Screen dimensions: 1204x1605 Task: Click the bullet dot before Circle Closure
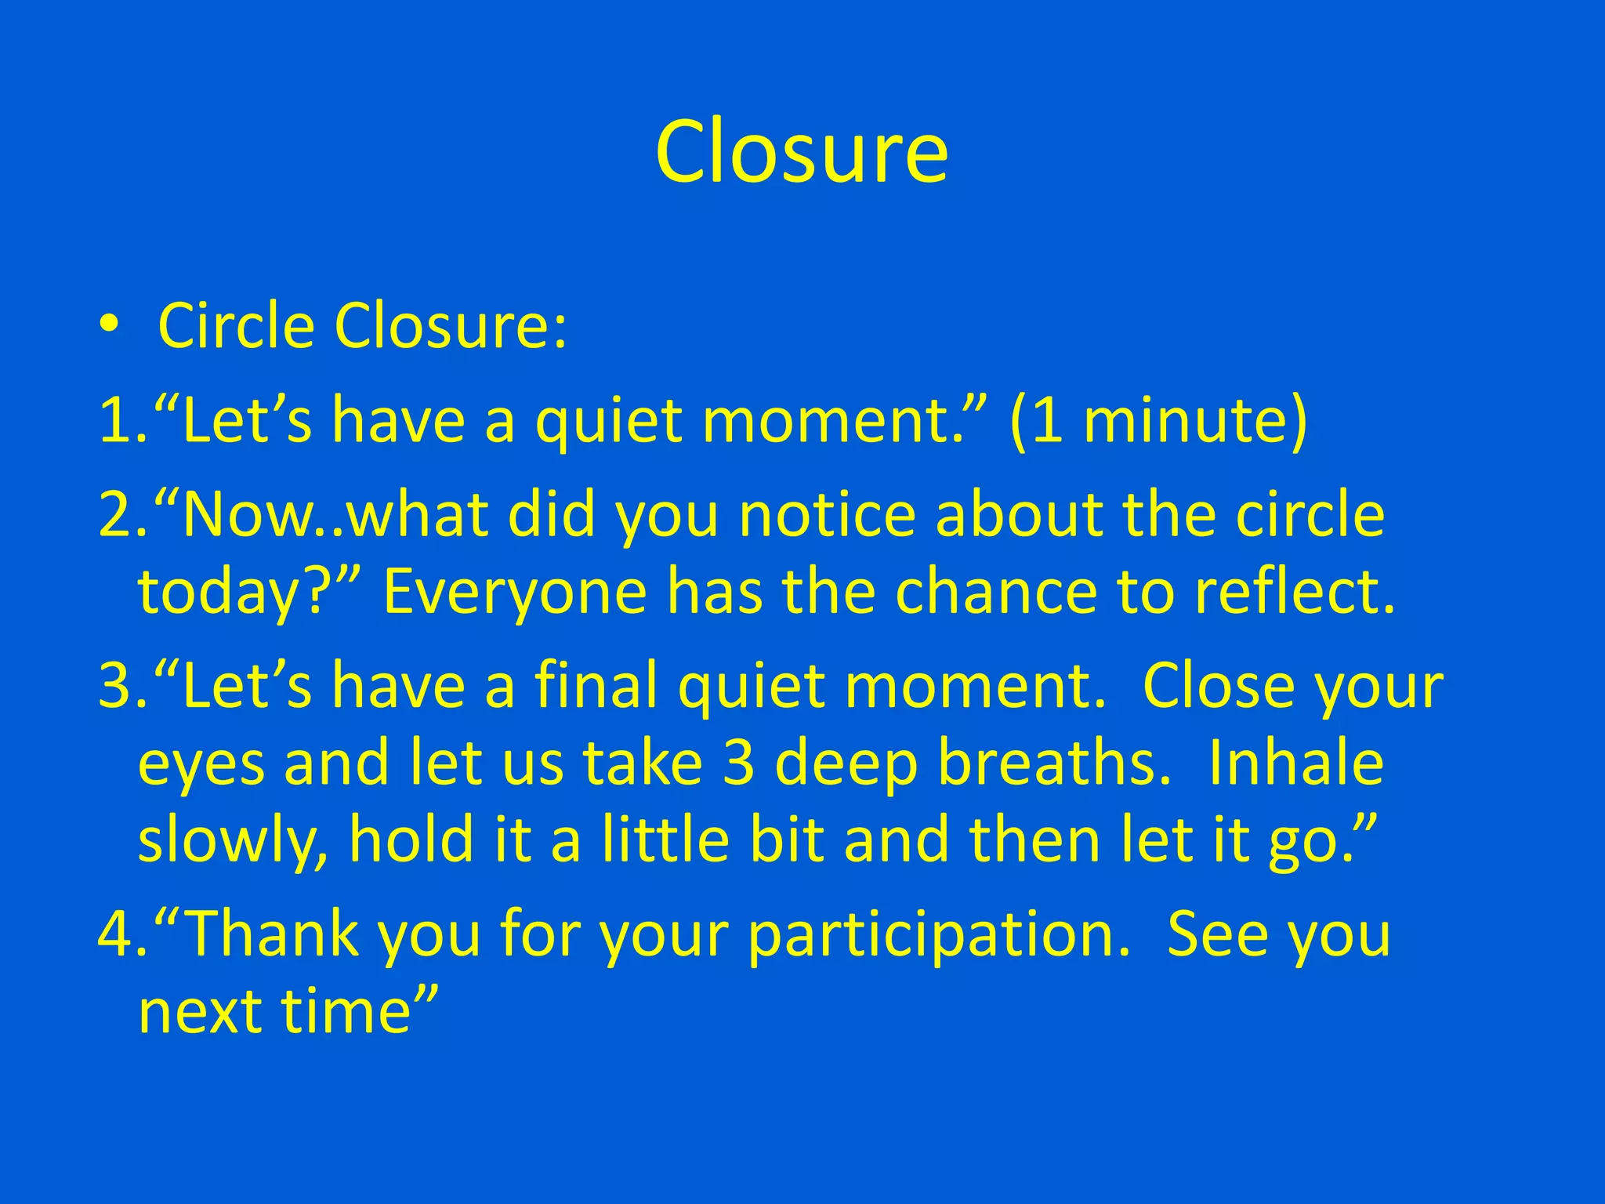109,324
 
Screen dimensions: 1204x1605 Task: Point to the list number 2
118,515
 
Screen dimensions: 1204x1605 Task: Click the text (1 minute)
1158,421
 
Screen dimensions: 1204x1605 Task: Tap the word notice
827,515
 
